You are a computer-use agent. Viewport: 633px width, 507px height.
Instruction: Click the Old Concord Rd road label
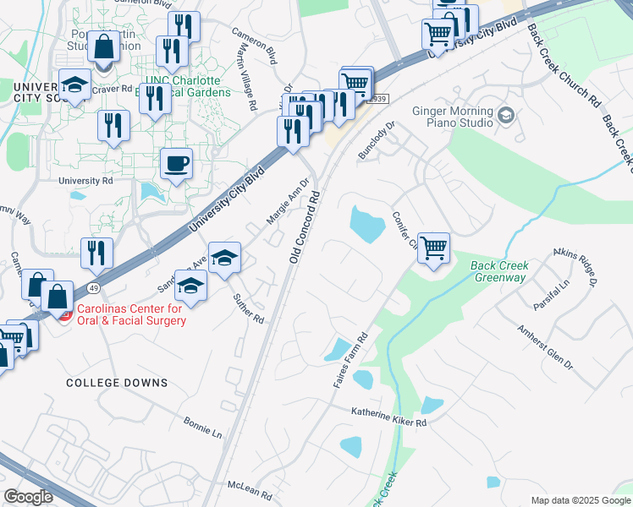point(305,226)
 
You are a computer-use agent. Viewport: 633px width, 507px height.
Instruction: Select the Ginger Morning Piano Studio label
point(453,117)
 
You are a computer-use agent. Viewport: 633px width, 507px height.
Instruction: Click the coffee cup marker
point(176,163)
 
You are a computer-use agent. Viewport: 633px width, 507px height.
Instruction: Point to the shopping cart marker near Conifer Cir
point(433,248)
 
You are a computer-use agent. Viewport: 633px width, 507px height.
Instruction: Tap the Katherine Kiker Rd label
point(390,416)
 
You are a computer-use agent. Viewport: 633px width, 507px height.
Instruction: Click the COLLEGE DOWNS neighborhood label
point(118,383)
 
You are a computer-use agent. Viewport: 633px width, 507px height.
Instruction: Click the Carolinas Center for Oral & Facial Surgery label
point(132,314)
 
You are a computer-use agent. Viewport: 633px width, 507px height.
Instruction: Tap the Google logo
point(29,496)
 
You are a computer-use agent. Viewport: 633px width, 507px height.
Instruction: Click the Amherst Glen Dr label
point(546,346)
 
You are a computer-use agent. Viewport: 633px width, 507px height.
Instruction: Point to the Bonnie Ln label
point(203,428)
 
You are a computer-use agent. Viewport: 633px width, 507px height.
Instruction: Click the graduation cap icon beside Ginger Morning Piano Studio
point(506,115)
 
